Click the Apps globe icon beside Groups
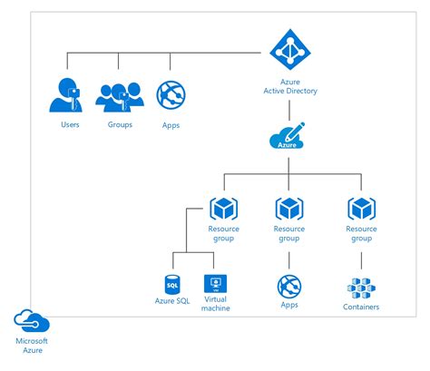click(170, 95)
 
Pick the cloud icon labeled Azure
click(288, 142)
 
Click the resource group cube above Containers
click(361, 210)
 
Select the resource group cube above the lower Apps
click(288, 210)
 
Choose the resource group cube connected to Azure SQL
click(222, 210)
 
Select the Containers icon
click(361, 288)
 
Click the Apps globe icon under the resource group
click(288, 287)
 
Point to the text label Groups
click(120, 124)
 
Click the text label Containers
click(361, 308)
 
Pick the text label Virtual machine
click(217, 304)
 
